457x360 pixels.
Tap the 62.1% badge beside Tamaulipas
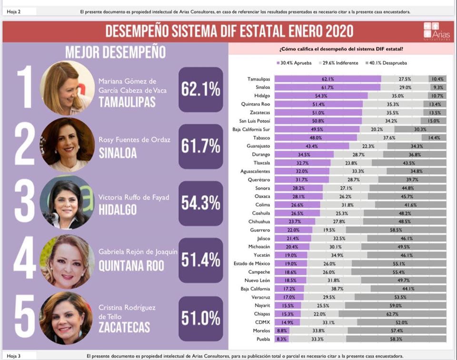[200, 89]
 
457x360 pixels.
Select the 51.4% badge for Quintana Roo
[200, 260]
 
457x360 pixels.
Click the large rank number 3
[24, 203]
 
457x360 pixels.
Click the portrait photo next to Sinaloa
[67, 144]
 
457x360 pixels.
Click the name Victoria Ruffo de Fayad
[135, 198]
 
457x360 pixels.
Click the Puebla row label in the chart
[262, 339]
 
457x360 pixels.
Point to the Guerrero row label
[259, 230]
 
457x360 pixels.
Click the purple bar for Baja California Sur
[317, 129]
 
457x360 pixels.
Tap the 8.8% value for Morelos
[282, 330]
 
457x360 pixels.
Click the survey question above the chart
[341, 49]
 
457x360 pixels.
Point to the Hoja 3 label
[14, 356]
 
